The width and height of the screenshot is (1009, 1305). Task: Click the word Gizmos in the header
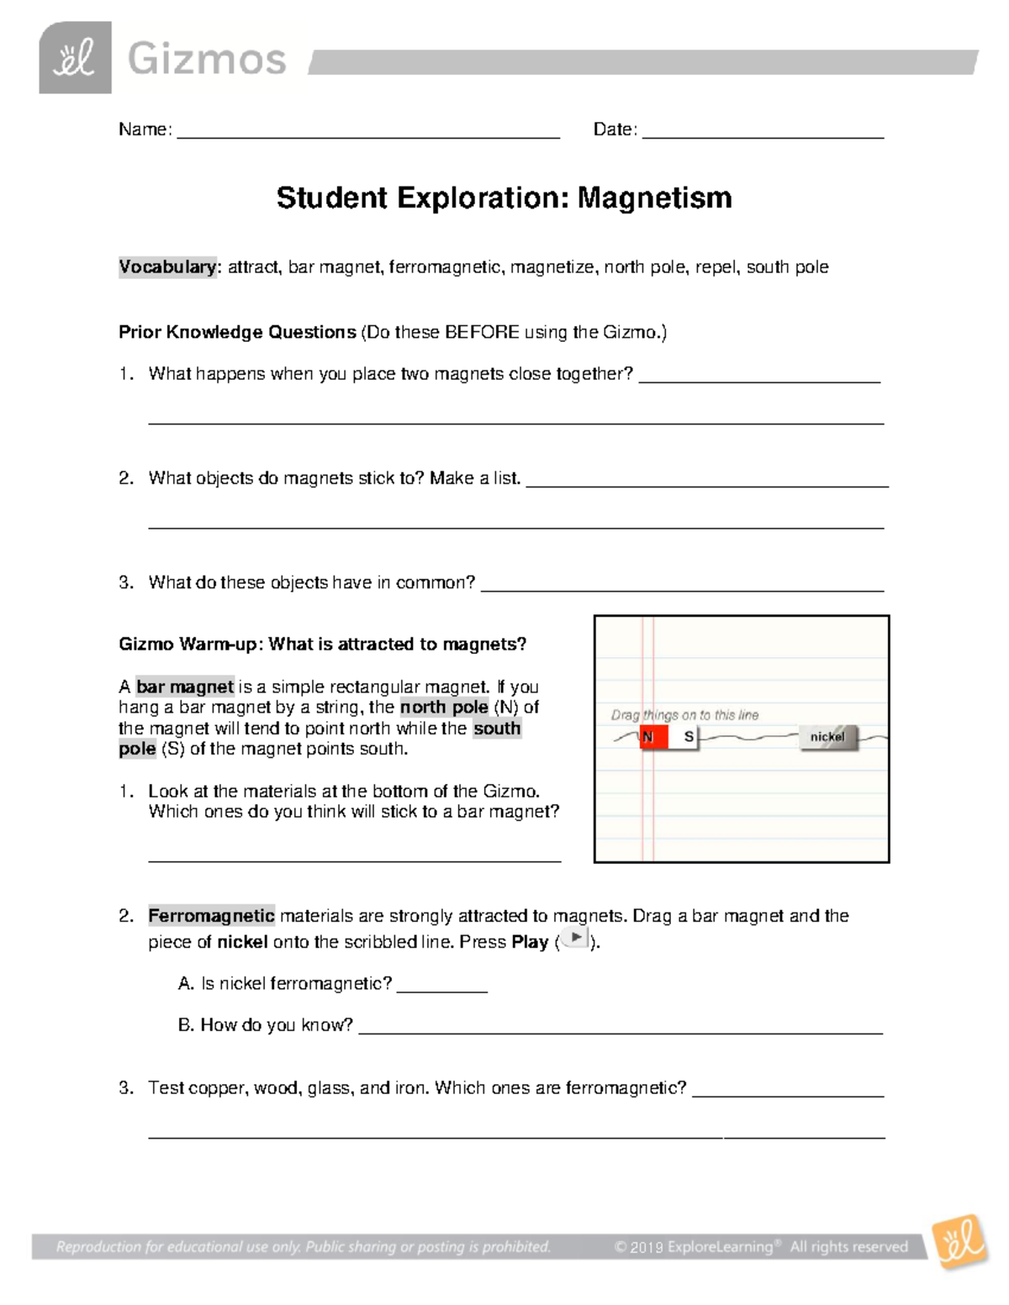[207, 61]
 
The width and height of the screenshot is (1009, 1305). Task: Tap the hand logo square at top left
[75, 58]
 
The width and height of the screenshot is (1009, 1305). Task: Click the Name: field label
[145, 129]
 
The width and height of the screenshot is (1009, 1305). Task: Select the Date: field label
[615, 129]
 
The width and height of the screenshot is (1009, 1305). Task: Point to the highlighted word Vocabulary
[167, 267]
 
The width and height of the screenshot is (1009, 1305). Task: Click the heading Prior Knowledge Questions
[237, 332]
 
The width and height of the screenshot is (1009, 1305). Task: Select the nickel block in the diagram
[827, 737]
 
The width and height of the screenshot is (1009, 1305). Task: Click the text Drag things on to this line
[684, 715]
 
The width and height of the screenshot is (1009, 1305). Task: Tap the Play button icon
[575, 939]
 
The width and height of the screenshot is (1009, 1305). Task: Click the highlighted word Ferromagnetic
[211, 916]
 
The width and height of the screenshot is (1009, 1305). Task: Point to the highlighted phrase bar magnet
[185, 687]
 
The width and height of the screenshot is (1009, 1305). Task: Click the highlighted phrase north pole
[444, 708]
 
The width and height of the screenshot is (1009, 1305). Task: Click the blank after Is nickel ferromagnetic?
[441, 985]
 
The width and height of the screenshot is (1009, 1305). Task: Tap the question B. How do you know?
[266, 1025]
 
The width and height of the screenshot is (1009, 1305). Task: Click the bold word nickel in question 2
[242, 942]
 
